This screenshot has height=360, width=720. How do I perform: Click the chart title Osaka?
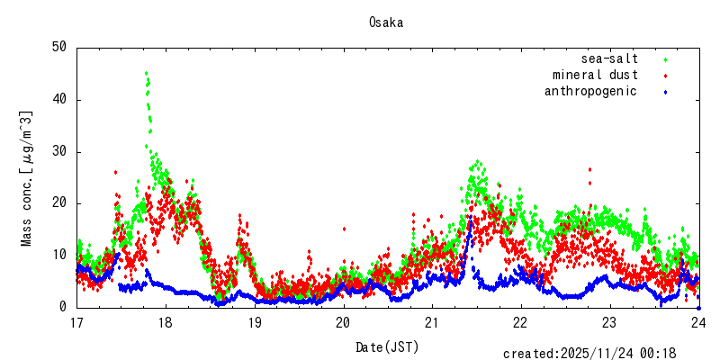(x=385, y=22)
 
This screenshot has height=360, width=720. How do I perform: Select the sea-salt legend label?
(x=609, y=58)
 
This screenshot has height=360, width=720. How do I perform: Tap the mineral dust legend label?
(x=595, y=75)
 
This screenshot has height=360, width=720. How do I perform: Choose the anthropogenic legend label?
(x=590, y=91)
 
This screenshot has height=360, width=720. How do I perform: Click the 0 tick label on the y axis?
(x=64, y=307)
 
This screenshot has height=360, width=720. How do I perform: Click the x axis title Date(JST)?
(x=387, y=346)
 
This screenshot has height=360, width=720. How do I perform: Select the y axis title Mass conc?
(x=27, y=178)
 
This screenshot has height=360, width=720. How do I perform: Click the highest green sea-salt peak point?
(x=146, y=73)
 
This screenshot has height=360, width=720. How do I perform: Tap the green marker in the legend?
(x=665, y=59)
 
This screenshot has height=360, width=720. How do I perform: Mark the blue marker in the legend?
(x=665, y=92)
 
